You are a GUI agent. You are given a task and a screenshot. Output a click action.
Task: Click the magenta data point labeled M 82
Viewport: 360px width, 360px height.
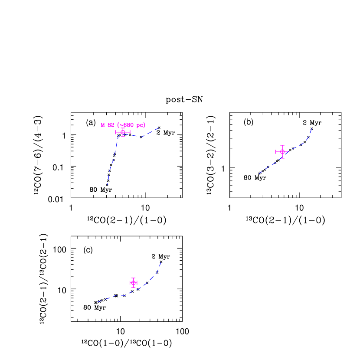(x=123, y=132)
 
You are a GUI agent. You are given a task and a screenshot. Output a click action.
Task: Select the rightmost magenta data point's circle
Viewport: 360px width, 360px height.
(x=282, y=152)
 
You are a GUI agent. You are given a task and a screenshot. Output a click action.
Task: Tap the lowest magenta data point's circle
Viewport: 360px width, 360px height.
(x=134, y=283)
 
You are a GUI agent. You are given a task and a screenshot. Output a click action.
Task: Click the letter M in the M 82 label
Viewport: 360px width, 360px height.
(x=103, y=125)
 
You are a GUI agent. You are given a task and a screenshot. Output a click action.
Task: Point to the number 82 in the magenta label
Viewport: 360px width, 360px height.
(x=111, y=125)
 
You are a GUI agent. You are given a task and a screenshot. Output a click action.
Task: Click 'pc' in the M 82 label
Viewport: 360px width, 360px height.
(x=140, y=125)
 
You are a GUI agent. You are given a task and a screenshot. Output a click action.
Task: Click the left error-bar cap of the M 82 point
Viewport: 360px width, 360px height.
(x=116, y=132)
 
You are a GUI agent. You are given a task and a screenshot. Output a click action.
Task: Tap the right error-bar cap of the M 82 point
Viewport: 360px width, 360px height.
(x=130, y=132)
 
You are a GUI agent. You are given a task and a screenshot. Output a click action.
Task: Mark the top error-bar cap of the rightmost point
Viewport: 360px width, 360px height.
(x=282, y=145)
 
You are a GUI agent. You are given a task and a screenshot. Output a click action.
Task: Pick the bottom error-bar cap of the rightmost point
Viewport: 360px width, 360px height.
(x=282, y=158)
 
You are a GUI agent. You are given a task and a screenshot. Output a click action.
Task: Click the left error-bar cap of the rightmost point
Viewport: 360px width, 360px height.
(x=276, y=152)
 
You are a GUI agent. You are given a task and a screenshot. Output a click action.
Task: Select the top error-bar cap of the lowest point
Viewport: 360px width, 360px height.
(x=134, y=278)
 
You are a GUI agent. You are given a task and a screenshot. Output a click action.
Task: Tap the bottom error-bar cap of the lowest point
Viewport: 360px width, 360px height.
(x=134, y=288)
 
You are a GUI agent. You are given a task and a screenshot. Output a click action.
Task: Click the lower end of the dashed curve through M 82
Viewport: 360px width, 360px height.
(x=108, y=184)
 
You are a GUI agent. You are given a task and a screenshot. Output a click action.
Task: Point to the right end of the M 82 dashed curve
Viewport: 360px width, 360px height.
(x=159, y=128)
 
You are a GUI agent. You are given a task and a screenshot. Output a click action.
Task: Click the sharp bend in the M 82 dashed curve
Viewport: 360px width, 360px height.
(x=119, y=136)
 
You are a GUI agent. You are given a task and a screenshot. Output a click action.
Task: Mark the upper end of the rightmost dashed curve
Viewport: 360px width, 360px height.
(x=312, y=128)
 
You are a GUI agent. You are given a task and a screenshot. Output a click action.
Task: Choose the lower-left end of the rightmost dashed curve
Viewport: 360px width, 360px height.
(x=259, y=173)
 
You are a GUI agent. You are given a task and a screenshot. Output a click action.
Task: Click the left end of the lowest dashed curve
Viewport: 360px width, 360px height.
(x=97, y=302)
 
